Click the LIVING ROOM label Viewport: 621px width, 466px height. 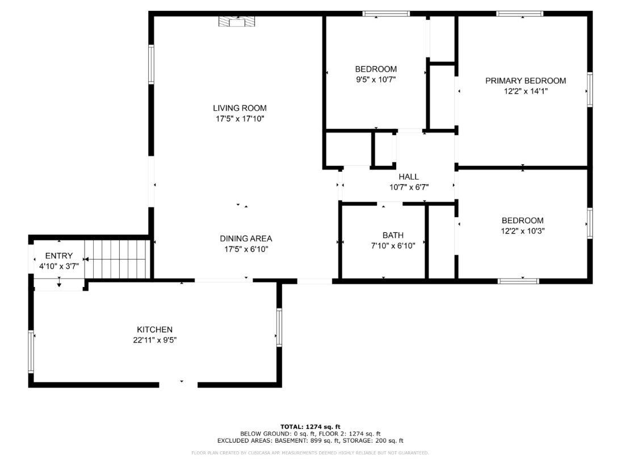[x=240, y=108]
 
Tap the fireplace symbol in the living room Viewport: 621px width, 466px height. [x=237, y=22]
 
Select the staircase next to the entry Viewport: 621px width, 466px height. [x=116, y=259]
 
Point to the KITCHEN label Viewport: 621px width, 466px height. [x=154, y=330]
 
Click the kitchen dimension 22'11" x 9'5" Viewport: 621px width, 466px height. [x=154, y=340]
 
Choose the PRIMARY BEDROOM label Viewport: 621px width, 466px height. [x=525, y=81]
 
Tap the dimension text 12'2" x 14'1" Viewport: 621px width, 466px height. [x=525, y=91]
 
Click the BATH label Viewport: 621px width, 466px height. [x=393, y=235]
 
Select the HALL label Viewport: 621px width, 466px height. [x=408, y=177]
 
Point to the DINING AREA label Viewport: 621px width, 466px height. [x=246, y=239]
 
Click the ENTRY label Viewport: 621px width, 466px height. [x=59, y=256]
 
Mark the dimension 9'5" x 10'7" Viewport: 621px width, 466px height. [x=375, y=80]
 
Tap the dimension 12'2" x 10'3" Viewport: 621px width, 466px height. [x=522, y=231]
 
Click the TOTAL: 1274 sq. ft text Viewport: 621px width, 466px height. [x=310, y=426]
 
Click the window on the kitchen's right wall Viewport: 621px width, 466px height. [x=279, y=327]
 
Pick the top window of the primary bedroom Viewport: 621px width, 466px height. [x=519, y=14]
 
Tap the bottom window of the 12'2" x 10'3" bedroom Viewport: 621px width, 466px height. [x=518, y=280]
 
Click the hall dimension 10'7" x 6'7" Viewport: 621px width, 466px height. [x=408, y=187]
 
